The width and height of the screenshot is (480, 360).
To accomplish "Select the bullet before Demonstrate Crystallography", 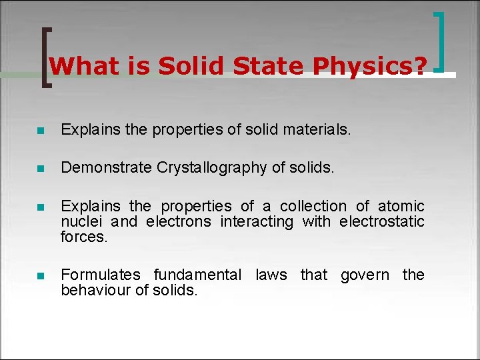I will pyautogui.click(x=41, y=169).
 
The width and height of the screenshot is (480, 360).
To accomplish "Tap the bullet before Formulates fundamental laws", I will pyautogui.click(x=41, y=275).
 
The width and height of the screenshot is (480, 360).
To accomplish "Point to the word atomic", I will pyautogui.click(x=401, y=206).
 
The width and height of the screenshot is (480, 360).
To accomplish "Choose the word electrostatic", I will pyautogui.click(x=382, y=221).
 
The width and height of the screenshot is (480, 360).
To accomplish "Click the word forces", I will pyautogui.click(x=83, y=236).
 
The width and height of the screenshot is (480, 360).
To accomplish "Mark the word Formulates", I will pyautogui.click(x=101, y=275).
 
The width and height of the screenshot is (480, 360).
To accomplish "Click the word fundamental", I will pyautogui.click(x=197, y=275).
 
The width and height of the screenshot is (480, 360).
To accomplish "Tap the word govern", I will pyautogui.click(x=365, y=275).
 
